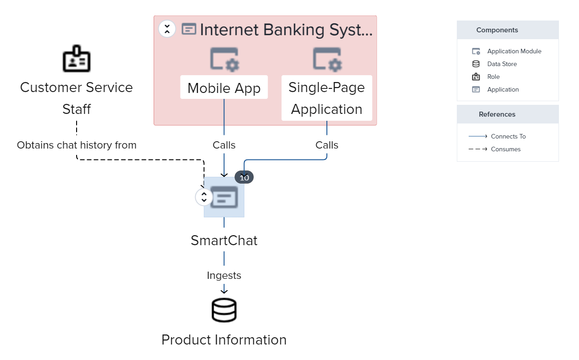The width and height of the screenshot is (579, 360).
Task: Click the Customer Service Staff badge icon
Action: [76, 59]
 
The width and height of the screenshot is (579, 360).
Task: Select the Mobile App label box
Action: [224, 87]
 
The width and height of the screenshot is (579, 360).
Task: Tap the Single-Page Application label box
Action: [326, 98]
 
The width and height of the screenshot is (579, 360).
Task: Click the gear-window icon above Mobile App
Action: [224, 59]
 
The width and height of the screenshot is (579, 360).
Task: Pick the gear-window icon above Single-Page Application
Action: [327, 59]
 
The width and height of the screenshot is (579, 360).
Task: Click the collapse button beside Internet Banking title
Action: [167, 29]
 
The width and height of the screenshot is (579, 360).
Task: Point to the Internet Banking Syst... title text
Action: [286, 30]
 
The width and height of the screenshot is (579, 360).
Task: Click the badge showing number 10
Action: [244, 178]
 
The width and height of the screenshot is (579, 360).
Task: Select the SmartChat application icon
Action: [224, 197]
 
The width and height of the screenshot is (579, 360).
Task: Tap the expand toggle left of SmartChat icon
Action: [204, 197]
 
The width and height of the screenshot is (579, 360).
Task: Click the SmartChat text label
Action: [224, 240]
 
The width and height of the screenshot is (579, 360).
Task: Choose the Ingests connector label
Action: [224, 275]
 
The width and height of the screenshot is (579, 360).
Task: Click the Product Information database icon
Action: [224, 310]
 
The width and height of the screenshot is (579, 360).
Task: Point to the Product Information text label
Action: [224, 340]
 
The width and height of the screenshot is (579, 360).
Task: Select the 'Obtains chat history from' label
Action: [77, 145]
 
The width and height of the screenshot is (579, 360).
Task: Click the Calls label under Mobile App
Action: [224, 145]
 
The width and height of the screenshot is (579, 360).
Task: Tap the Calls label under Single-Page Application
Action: [327, 145]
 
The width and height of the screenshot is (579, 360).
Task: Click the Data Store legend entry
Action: [501, 64]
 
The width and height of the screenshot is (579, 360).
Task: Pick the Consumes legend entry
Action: [505, 149]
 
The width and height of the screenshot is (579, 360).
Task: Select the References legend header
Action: [497, 114]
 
